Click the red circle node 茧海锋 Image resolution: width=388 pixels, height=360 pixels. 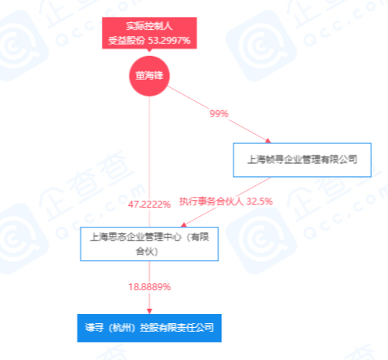(x=149, y=76)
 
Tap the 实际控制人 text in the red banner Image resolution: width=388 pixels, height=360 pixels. (x=149, y=26)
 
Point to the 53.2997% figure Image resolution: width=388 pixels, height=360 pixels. (x=169, y=41)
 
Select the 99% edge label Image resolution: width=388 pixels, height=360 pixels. (x=219, y=113)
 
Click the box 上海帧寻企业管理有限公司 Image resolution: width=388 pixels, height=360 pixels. (x=302, y=160)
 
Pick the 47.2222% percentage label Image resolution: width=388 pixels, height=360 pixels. (x=149, y=205)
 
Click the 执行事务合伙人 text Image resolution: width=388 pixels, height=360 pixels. (x=211, y=201)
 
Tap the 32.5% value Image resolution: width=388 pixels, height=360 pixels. (x=259, y=201)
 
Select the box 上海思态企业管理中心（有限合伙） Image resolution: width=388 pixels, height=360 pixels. (x=149, y=244)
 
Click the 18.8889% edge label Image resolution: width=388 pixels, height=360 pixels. (x=149, y=287)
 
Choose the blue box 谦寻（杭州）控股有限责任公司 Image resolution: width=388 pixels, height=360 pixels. (x=149, y=328)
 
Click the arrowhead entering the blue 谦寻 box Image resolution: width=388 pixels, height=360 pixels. (x=149, y=311)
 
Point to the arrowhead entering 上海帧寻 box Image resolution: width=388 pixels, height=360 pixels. (x=268, y=140)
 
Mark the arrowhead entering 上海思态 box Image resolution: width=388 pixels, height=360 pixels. (x=184, y=224)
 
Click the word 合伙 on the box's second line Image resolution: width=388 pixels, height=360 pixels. (x=145, y=251)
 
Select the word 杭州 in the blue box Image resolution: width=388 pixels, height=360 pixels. (x=122, y=328)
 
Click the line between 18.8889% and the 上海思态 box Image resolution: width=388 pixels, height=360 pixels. (x=149, y=272)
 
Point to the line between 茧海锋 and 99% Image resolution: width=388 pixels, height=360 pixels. (x=188, y=98)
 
